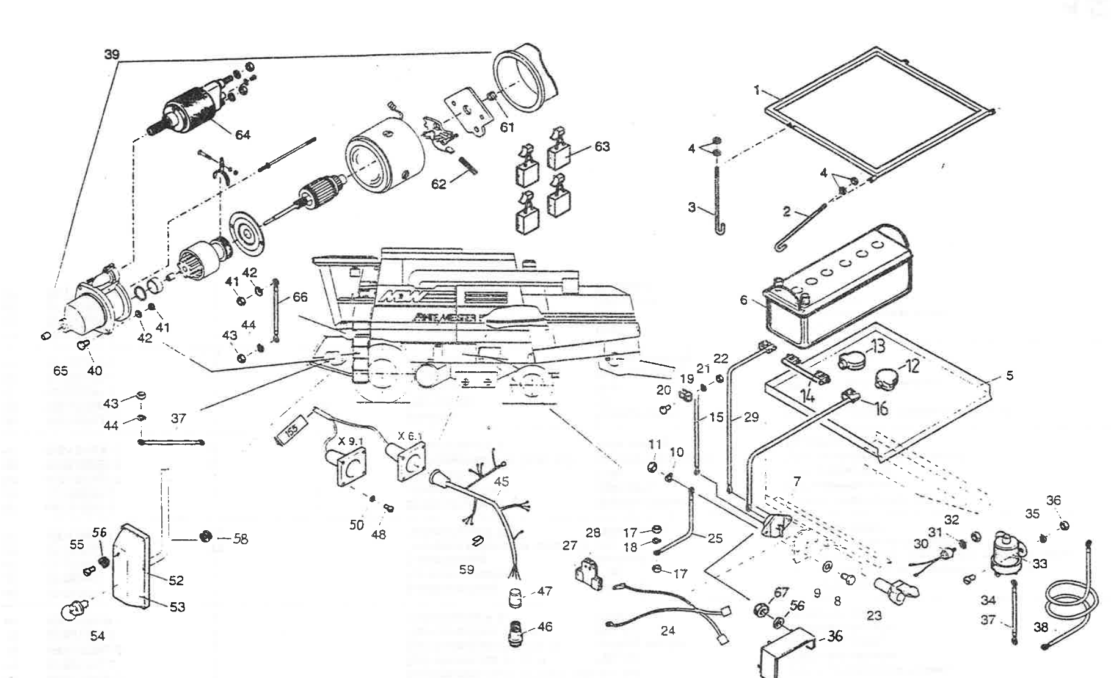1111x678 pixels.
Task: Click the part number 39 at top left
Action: click(111, 54)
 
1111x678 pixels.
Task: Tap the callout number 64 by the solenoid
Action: click(243, 134)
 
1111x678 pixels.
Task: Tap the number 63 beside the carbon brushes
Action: click(602, 147)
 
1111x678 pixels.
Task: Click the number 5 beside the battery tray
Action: click(1009, 376)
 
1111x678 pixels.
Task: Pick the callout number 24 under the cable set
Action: click(668, 630)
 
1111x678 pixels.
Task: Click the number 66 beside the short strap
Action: click(300, 297)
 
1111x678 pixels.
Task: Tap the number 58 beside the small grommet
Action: click(241, 539)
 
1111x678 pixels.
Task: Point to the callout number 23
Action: click(874, 615)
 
